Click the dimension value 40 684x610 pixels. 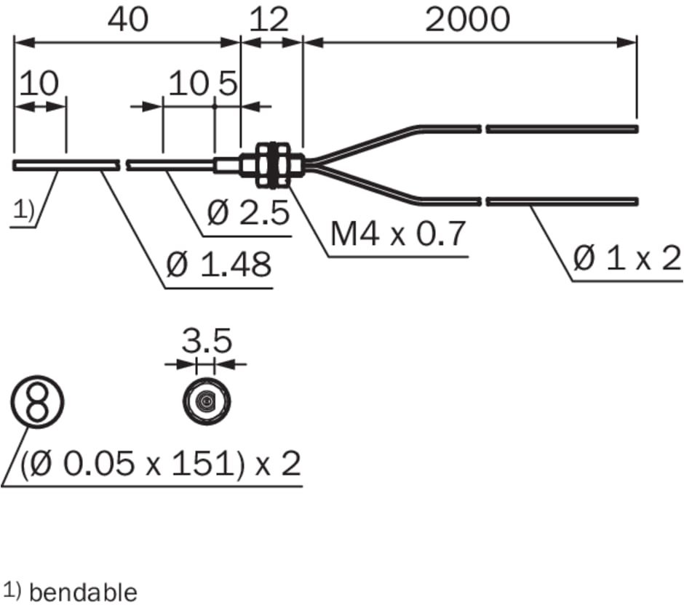127,20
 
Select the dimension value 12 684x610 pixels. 269,20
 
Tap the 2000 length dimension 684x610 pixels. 467,20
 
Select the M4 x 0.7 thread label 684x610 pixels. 397,234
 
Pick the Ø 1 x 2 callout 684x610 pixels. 626,258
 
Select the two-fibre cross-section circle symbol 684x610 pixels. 37,401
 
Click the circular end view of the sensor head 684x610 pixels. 207,401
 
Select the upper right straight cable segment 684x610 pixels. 562,129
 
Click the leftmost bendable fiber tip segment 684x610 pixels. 65,165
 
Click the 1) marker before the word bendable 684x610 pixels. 12,590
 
